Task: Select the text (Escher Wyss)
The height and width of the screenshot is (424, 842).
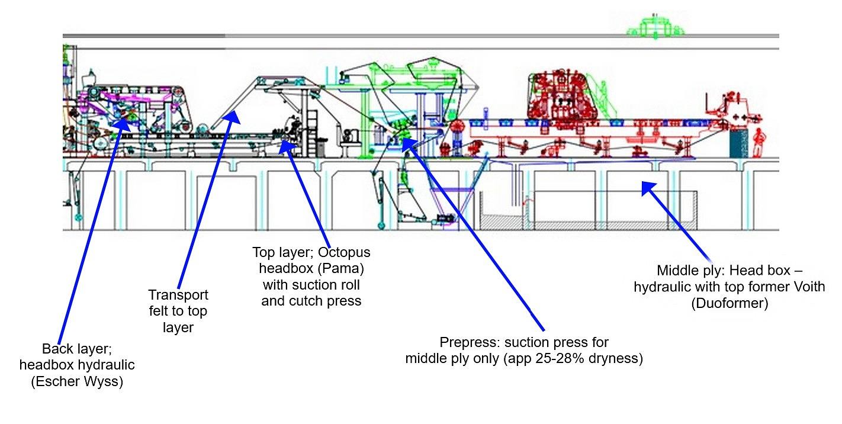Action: point(77,381)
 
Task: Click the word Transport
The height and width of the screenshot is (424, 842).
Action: point(178,295)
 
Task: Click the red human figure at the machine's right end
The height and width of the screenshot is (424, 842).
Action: point(759,143)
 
